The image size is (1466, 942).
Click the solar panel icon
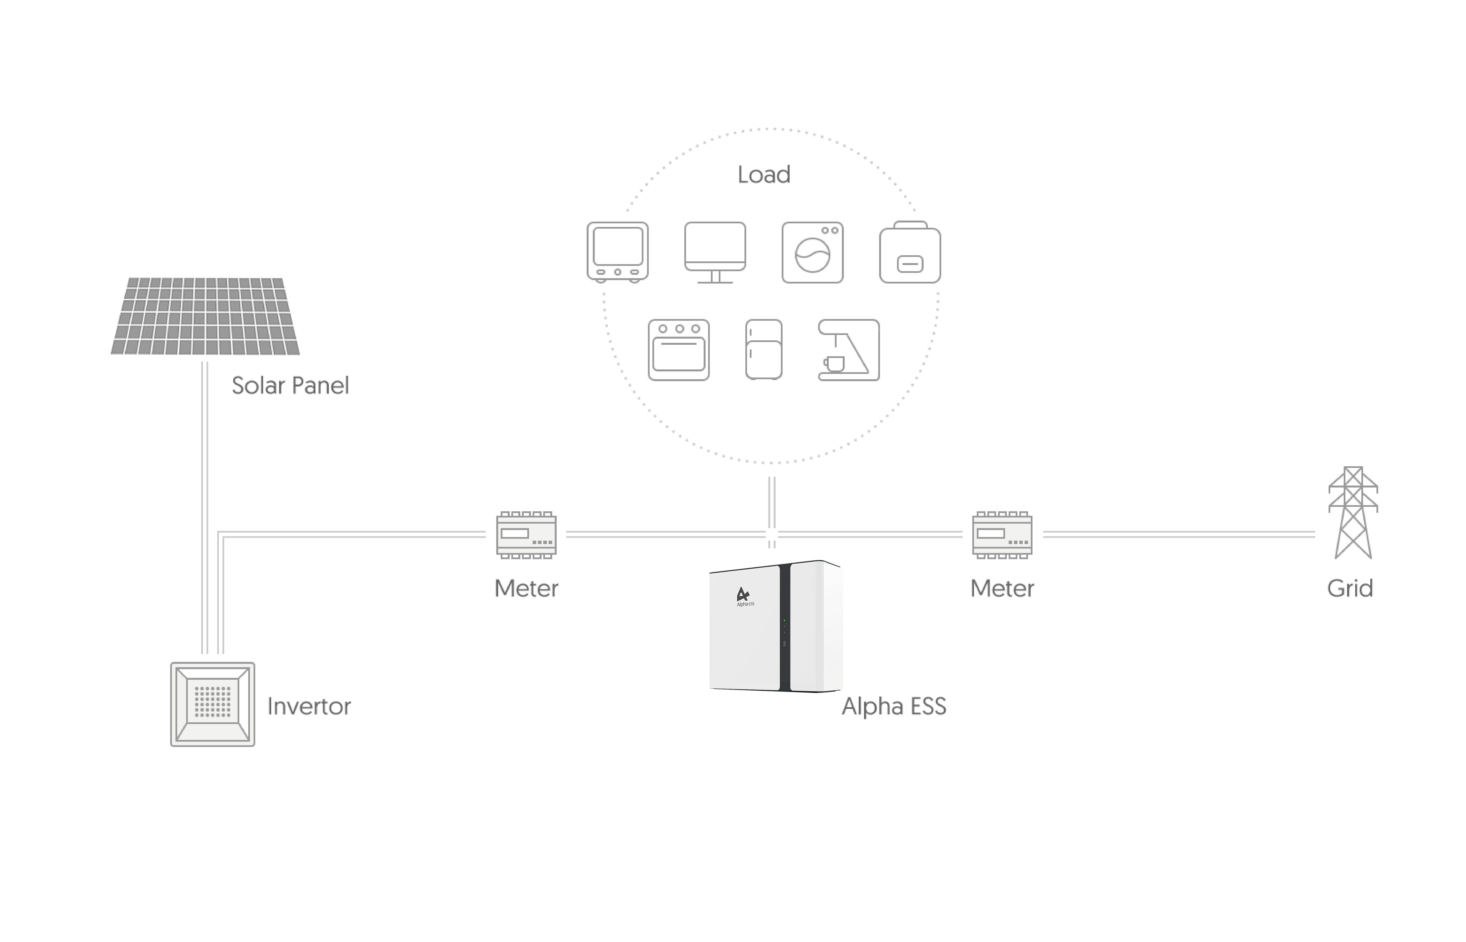(205, 316)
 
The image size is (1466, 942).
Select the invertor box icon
(212, 704)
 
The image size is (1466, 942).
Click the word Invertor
(309, 707)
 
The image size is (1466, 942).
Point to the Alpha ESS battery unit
(776, 626)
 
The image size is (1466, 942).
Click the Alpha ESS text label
(894, 707)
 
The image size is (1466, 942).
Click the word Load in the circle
(764, 175)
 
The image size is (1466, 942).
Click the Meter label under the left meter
(526, 589)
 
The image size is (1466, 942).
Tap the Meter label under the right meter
(1002, 589)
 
